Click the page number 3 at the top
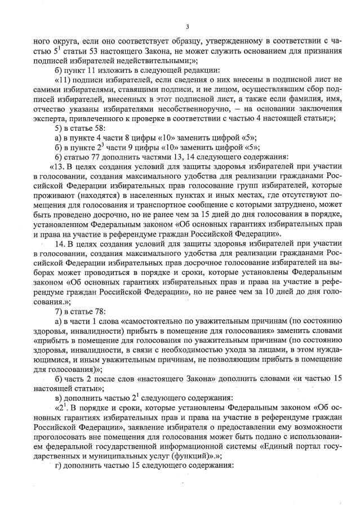point(188,26)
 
